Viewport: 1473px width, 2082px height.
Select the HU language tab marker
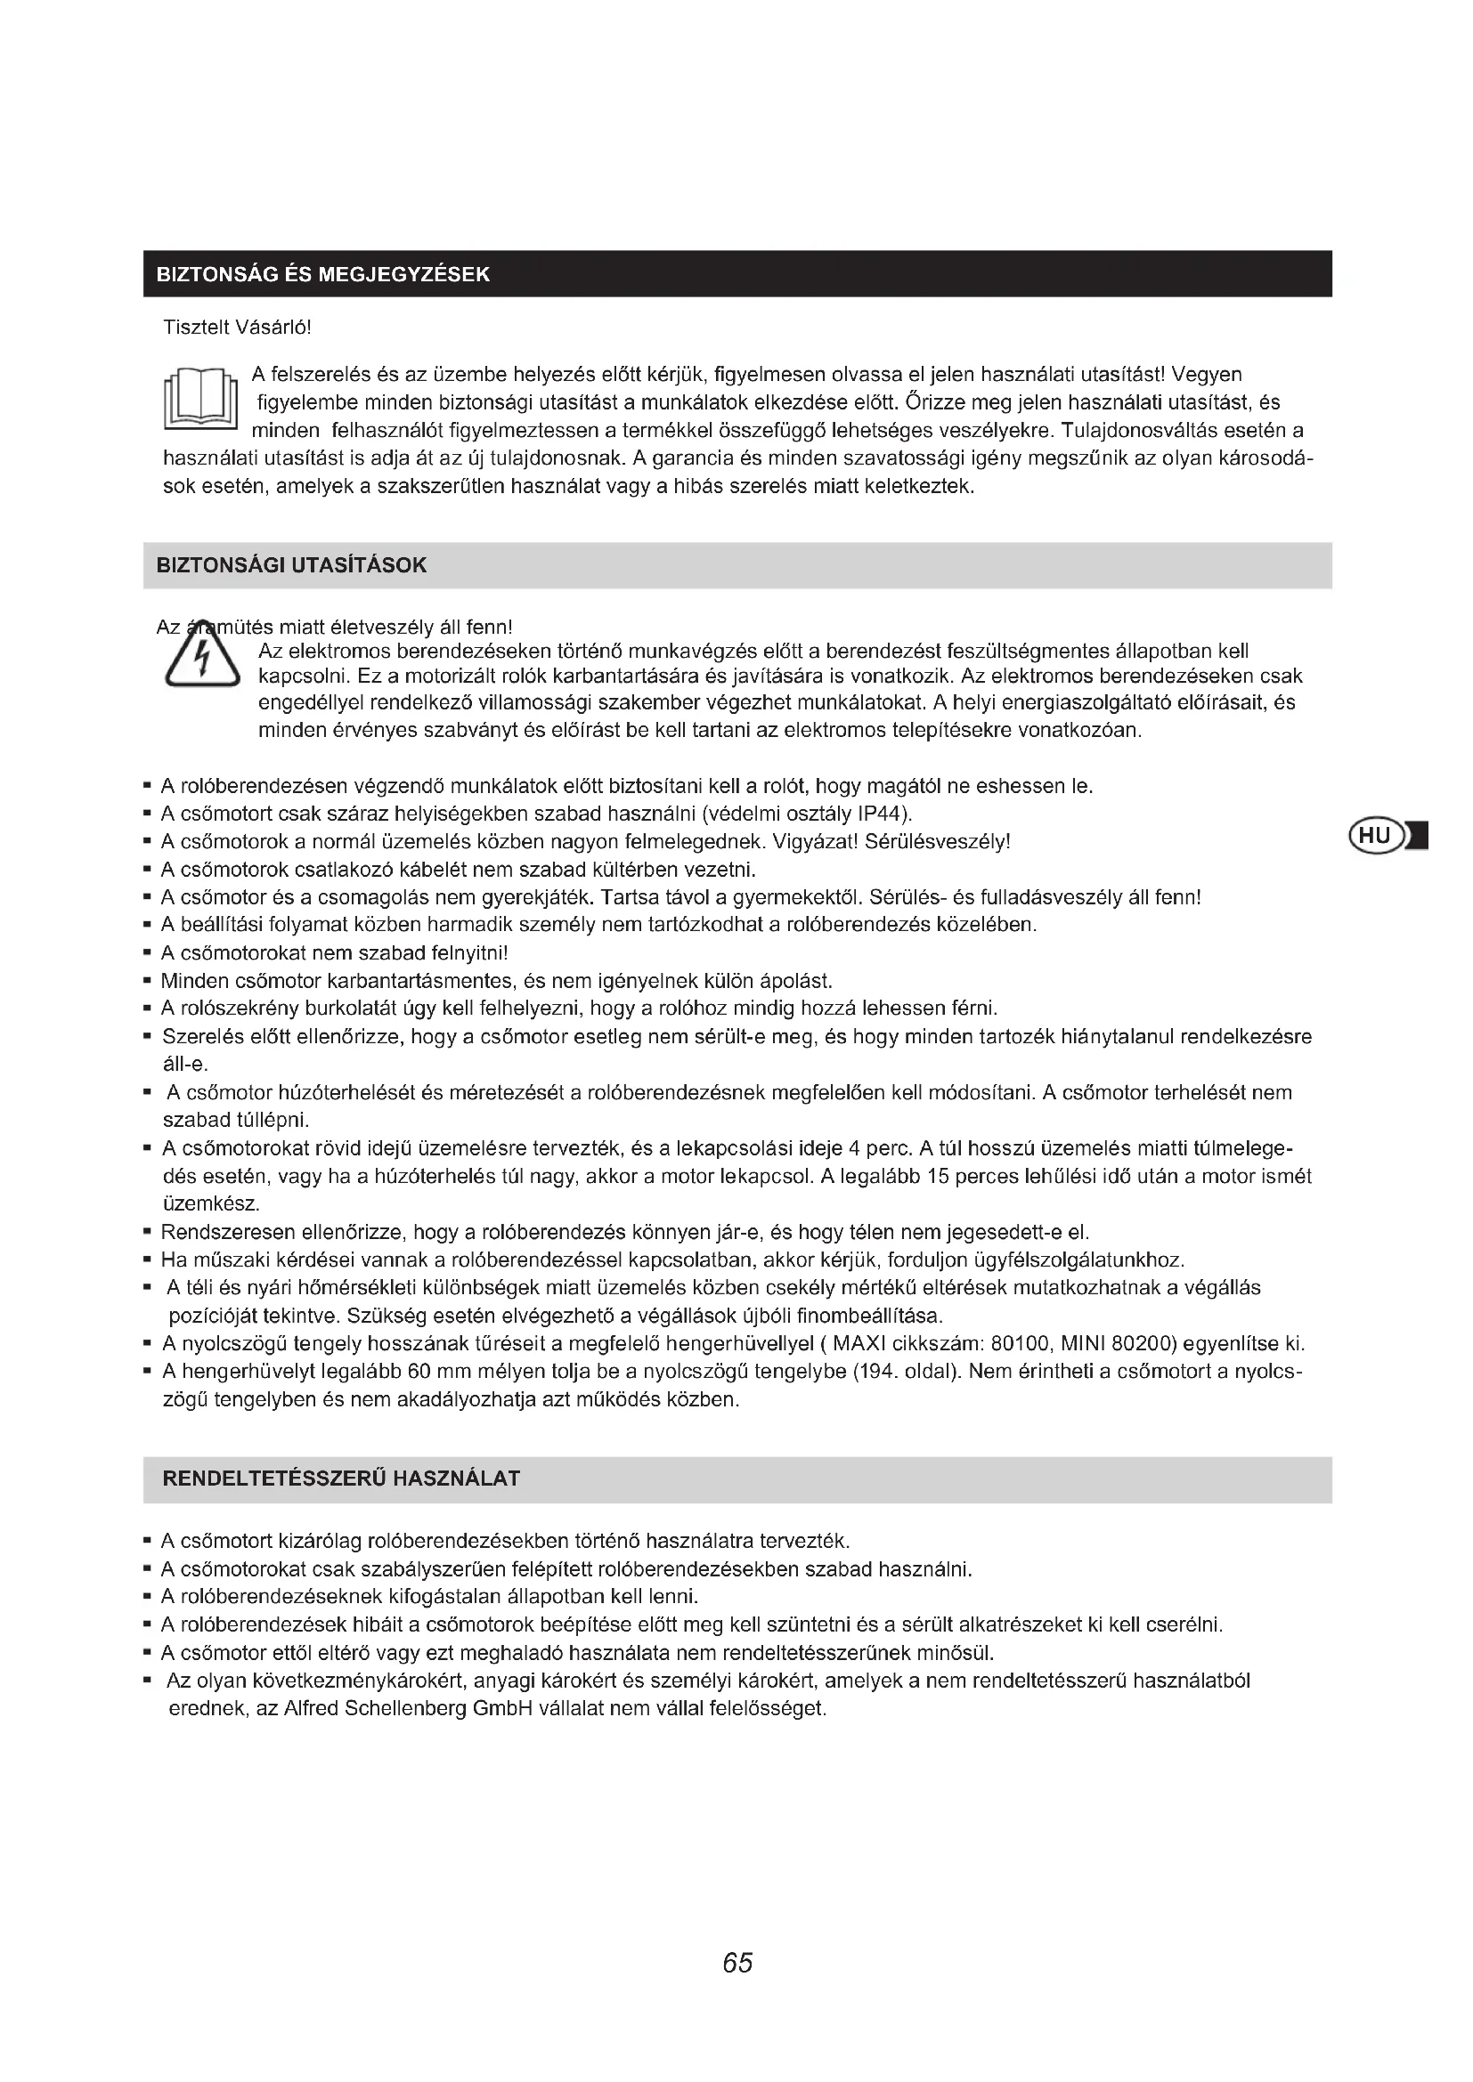coord(1376,835)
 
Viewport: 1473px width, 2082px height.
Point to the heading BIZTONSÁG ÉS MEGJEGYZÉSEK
coord(323,275)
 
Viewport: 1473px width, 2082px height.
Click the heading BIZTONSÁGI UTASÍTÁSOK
coord(291,566)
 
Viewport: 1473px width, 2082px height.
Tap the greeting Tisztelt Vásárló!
coord(237,328)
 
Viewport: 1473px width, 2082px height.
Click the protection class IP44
coord(875,813)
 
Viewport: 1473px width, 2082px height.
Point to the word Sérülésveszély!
coord(938,841)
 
